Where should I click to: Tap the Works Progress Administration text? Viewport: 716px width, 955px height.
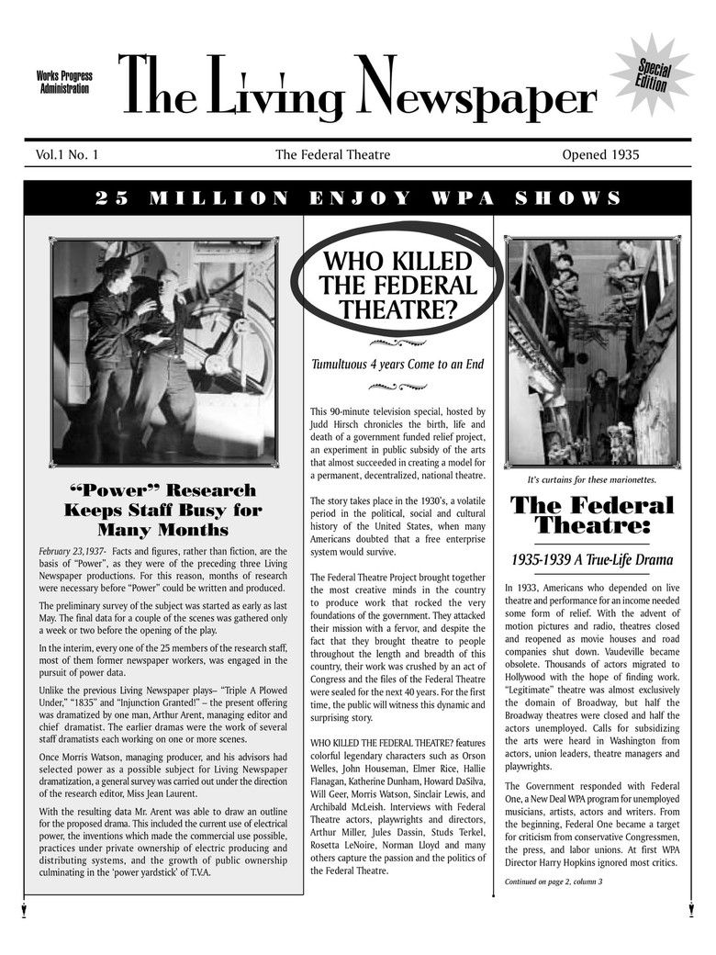pyautogui.click(x=64, y=83)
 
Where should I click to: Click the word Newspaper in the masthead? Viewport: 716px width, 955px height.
pyautogui.click(x=477, y=92)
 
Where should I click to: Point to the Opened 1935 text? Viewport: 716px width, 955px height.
pyautogui.click(x=600, y=155)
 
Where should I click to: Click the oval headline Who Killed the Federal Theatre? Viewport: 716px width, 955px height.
pyautogui.click(x=397, y=285)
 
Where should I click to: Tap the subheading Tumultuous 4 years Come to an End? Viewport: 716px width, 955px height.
pyautogui.click(x=397, y=365)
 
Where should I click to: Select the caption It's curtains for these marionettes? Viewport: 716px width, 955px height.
pyautogui.click(x=591, y=479)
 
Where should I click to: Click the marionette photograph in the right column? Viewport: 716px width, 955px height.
pyautogui.click(x=592, y=353)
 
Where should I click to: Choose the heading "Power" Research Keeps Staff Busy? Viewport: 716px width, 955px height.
pyautogui.click(x=163, y=510)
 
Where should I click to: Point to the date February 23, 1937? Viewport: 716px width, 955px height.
pyautogui.click(x=73, y=552)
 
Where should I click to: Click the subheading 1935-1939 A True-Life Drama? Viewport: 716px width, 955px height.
pyautogui.click(x=592, y=559)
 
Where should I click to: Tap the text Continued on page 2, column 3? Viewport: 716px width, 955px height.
pyautogui.click(x=554, y=882)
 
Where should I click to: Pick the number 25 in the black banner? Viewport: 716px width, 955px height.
pyautogui.click(x=109, y=198)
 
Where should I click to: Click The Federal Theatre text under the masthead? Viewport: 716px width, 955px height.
pyautogui.click(x=332, y=155)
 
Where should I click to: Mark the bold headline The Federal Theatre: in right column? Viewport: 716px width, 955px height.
pyautogui.click(x=592, y=515)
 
